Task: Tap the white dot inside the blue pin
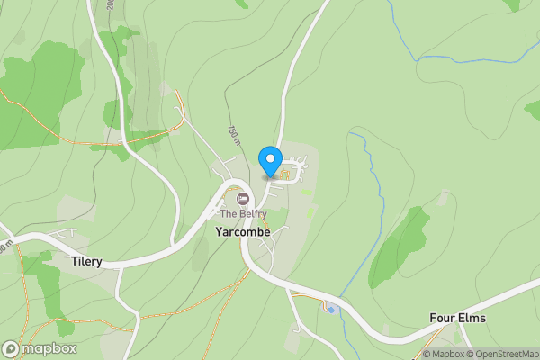click(270, 159)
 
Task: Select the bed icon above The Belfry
click(242, 198)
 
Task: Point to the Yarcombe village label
click(242, 231)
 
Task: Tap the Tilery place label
click(86, 262)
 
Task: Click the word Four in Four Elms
click(443, 319)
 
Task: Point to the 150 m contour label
click(234, 134)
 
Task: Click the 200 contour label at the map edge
click(109, 4)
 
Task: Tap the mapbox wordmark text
click(49, 348)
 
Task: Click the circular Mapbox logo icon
click(11, 348)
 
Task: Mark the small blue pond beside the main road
click(331, 310)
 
